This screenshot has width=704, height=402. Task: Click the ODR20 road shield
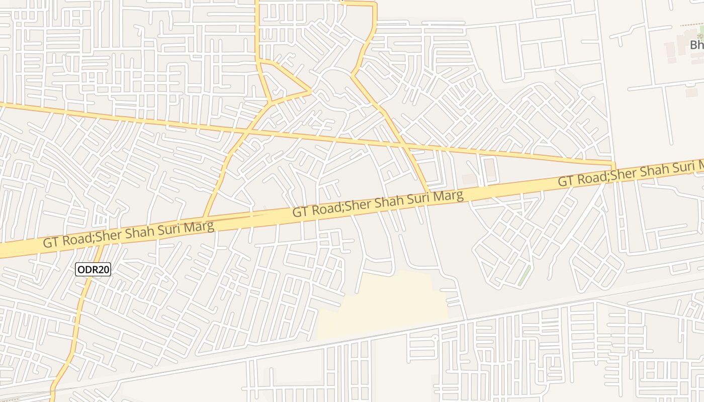click(93, 269)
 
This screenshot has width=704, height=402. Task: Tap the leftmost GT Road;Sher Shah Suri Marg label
click(129, 234)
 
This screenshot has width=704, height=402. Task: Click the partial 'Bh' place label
click(697, 45)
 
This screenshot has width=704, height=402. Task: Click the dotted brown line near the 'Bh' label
click(691, 24)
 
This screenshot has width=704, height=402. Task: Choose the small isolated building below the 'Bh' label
click(692, 92)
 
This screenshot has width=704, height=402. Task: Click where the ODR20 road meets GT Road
click(103, 245)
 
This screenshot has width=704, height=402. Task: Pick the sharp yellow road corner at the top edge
click(374, 4)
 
